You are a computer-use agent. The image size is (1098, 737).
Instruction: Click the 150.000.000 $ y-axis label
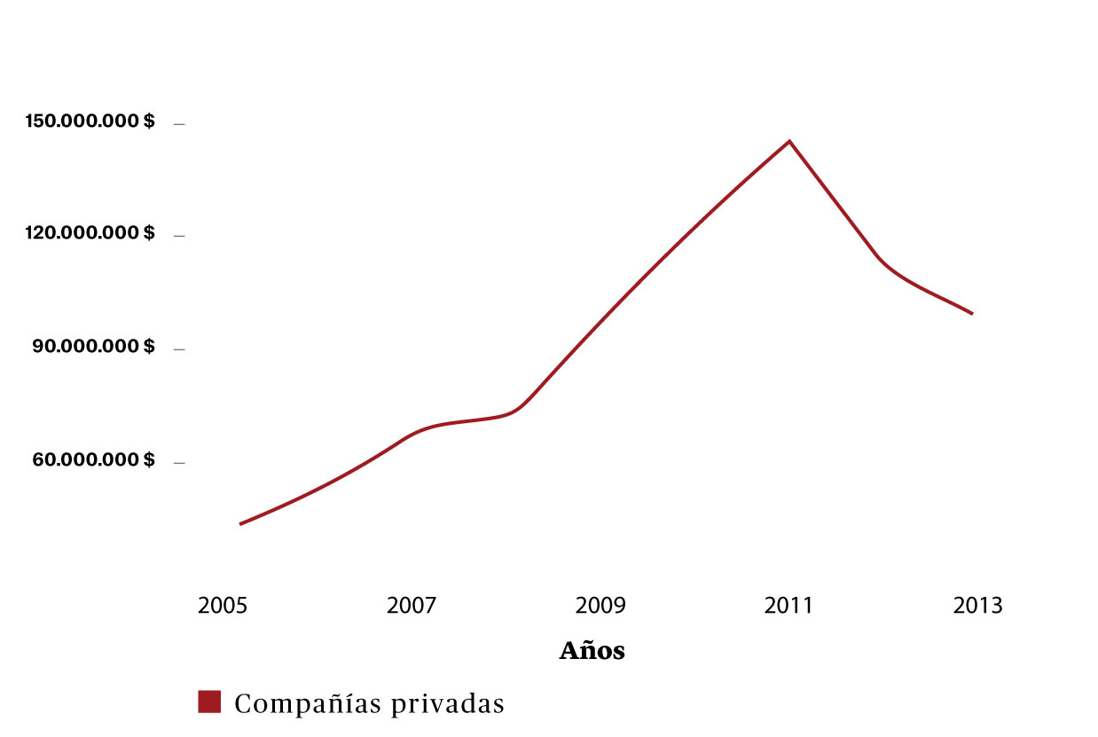(90, 122)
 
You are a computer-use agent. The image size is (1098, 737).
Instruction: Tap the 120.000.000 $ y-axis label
(90, 233)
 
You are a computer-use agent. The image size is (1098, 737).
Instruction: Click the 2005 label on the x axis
(223, 607)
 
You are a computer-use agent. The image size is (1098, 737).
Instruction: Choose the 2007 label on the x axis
(412, 607)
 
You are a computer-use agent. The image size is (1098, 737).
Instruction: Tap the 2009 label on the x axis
(600, 607)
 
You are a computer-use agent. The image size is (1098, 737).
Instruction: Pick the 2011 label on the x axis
(788, 607)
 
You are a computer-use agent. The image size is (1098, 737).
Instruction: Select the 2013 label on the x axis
(977, 607)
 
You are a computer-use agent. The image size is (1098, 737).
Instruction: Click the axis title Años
(592, 651)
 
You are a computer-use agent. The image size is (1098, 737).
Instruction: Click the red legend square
(209, 702)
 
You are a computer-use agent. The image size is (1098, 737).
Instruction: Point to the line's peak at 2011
(788, 141)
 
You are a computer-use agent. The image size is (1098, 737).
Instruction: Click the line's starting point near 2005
(240, 524)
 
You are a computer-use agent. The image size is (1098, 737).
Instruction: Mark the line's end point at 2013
(972, 313)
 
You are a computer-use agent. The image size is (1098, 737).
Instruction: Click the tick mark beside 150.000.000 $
(179, 124)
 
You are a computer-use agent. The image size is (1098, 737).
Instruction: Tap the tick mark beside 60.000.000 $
(179, 462)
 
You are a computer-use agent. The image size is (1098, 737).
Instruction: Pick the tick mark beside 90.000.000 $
(179, 349)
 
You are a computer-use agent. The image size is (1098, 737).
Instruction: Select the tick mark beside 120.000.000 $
(179, 236)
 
